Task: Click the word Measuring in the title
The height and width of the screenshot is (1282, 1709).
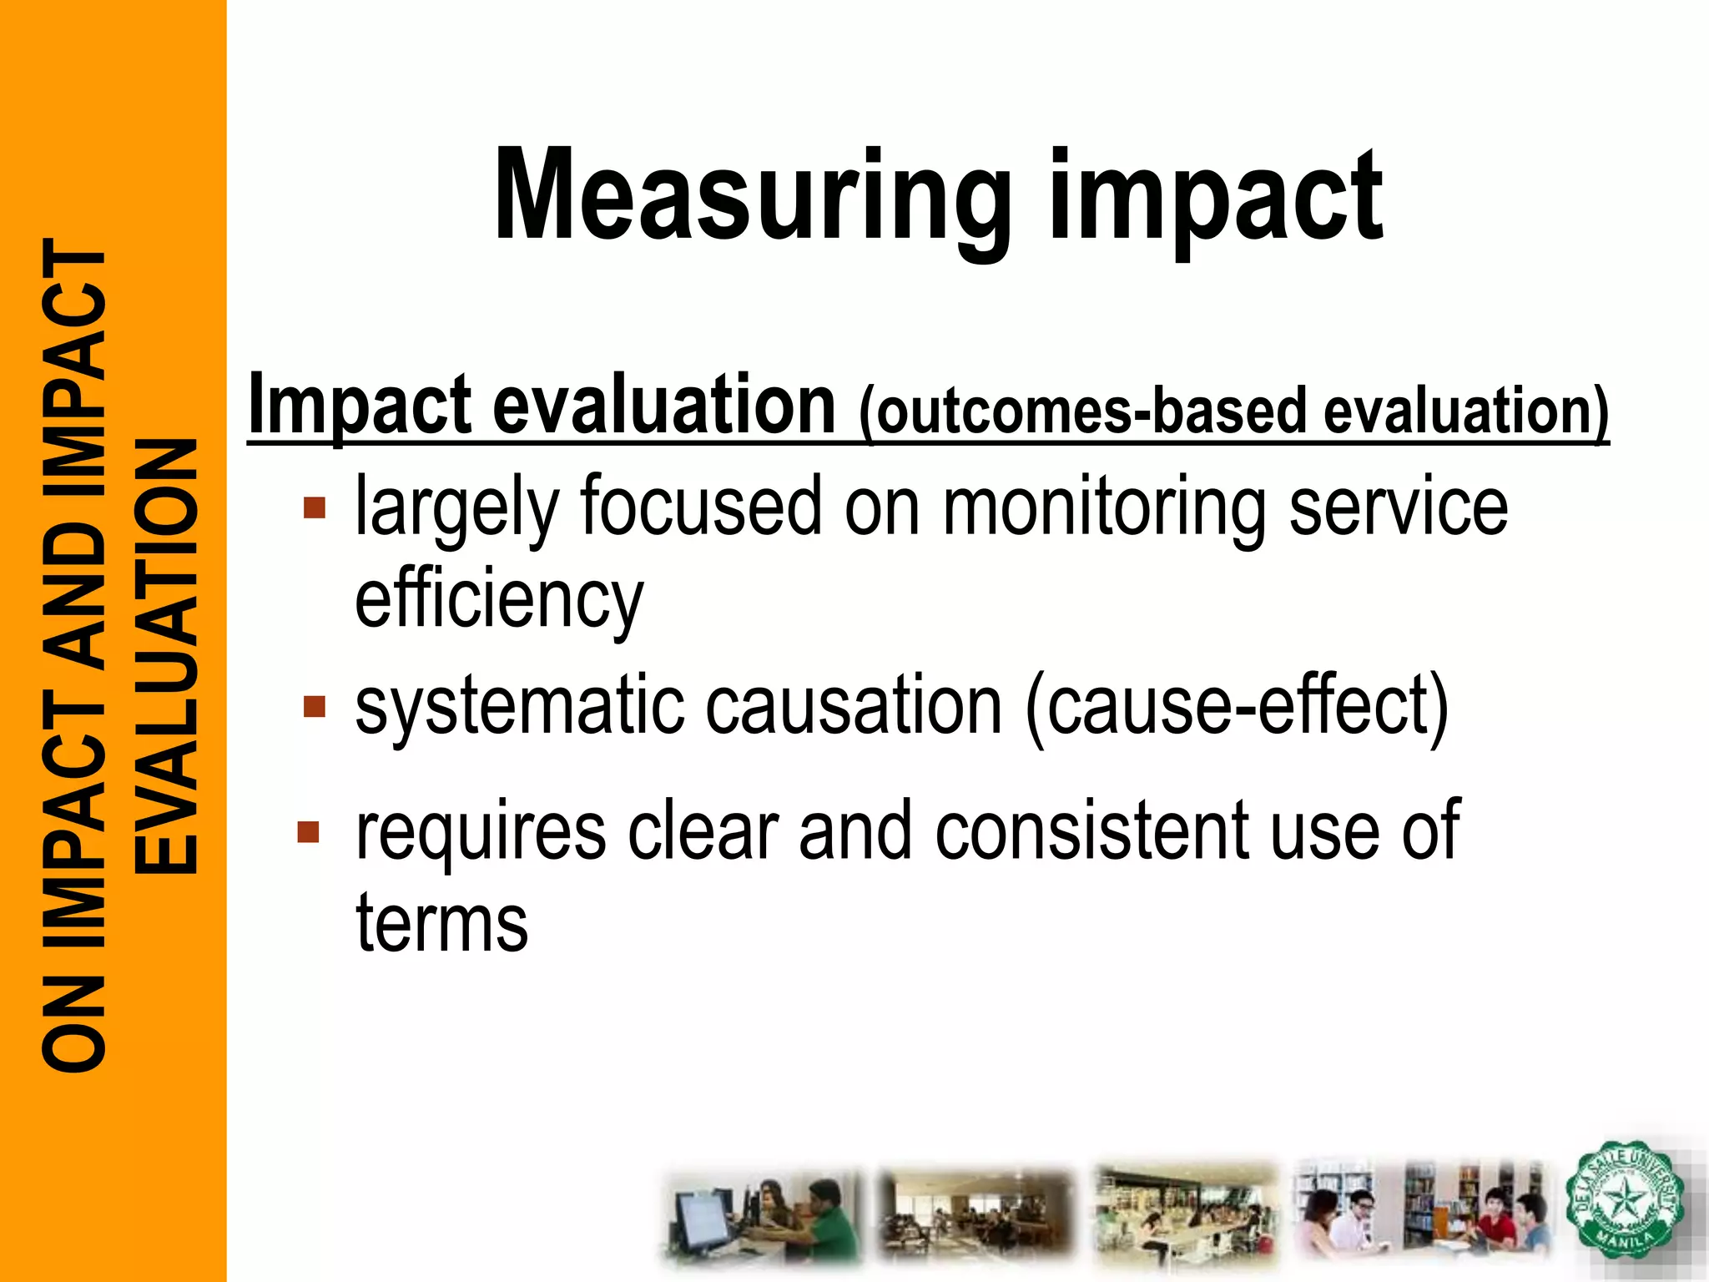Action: click(x=751, y=196)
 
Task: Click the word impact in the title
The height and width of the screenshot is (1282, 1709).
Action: click(x=1215, y=200)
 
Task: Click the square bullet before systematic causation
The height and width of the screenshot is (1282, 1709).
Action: click(x=315, y=708)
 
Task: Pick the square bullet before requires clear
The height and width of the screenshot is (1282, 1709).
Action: click(x=309, y=832)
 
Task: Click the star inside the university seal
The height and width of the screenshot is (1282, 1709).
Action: click(x=1623, y=1202)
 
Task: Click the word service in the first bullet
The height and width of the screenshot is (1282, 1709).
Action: click(x=1399, y=507)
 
